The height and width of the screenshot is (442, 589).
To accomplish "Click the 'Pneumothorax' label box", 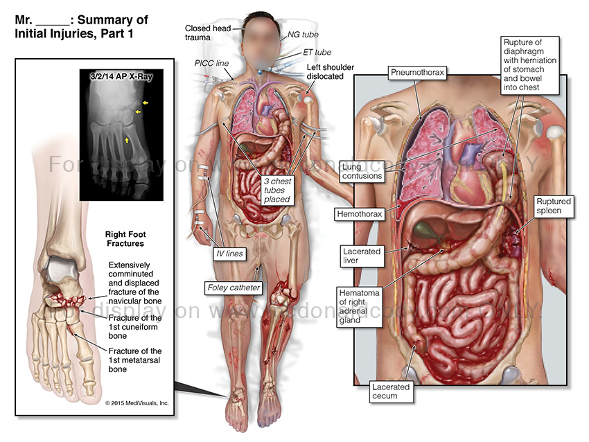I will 416,72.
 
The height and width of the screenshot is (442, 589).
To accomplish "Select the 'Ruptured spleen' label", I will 554,206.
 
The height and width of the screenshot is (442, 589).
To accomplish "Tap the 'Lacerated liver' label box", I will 361,255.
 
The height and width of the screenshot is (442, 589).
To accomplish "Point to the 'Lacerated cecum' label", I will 390,391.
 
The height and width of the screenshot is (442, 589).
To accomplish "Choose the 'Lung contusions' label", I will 362,171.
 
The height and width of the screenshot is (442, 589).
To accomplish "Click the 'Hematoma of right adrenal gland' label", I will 358,306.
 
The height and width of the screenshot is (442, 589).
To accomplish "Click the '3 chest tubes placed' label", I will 275,189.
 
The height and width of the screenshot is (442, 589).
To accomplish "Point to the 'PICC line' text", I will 211,62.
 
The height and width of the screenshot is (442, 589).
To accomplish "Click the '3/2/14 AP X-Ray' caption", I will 121,77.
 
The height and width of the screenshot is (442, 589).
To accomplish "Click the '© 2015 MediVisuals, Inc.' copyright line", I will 137,403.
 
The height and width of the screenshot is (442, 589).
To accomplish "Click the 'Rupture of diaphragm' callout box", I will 531,64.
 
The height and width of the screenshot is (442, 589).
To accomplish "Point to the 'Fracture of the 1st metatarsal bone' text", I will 135,360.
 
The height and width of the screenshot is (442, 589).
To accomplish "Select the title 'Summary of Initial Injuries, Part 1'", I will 82,26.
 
